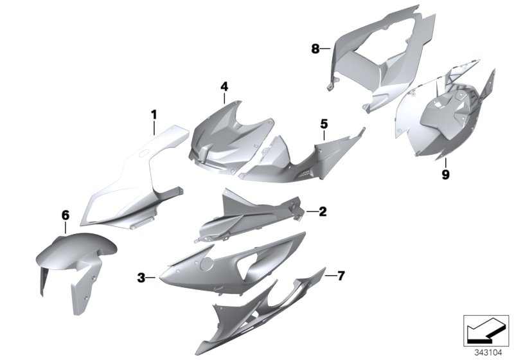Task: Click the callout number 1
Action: point(154,114)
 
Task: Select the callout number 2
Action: point(323,211)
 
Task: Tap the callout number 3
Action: point(141,278)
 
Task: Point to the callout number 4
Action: point(224,85)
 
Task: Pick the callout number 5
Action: point(324,122)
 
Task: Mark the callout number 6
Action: point(65,215)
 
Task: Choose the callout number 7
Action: point(341,276)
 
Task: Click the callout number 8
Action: point(315,48)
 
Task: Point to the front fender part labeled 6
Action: point(71,257)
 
